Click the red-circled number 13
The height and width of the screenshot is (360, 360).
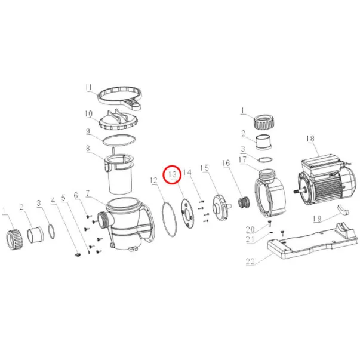pos(172,174)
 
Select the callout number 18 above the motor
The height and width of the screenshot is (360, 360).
pos(310,139)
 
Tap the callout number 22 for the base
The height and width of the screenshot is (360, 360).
pos(250,261)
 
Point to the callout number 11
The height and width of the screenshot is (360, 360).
pos(88,88)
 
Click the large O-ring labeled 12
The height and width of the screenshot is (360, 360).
pos(169,219)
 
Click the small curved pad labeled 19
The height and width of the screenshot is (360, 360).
pos(343,210)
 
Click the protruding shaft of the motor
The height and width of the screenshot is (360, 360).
pos(299,190)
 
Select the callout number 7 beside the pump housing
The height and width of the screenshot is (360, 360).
pos(88,193)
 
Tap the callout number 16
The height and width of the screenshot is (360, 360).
pos(226,163)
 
